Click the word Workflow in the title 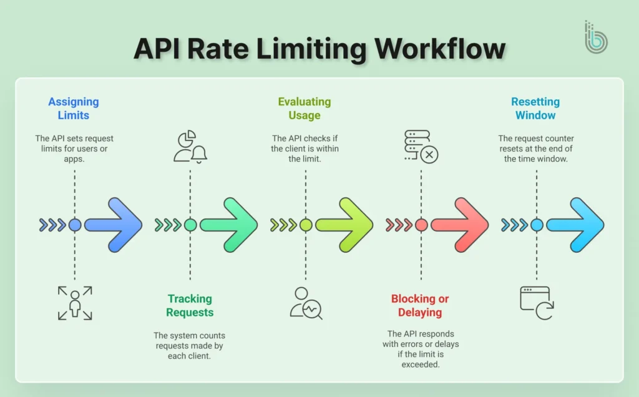(441, 49)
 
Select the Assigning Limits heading (74, 109)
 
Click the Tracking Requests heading (190, 306)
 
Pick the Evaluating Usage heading (305, 109)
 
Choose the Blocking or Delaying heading (420, 306)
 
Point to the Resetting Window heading (535, 109)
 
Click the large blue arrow (115, 225)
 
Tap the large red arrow (462, 225)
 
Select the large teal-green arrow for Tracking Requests (231, 225)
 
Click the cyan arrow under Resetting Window (577, 225)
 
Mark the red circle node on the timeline (421, 225)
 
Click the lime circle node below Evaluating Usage (306, 225)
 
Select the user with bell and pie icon (190, 147)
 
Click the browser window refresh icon (537, 303)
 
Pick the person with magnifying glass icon (306, 303)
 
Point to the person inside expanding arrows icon (75, 303)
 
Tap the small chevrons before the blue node (52, 225)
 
